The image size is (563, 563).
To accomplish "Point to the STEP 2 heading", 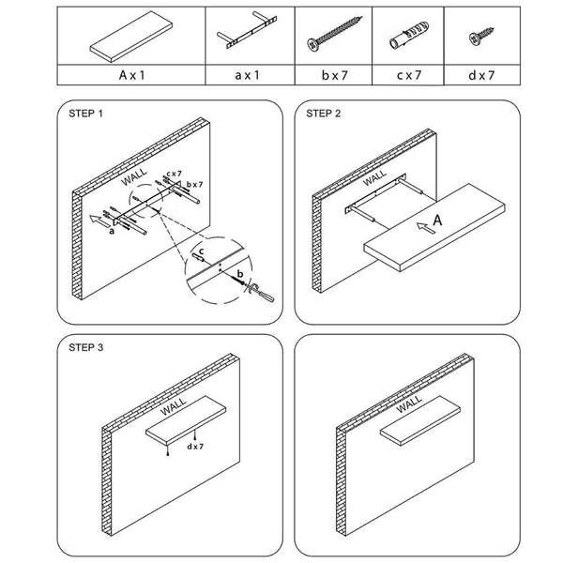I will pos(325,114).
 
